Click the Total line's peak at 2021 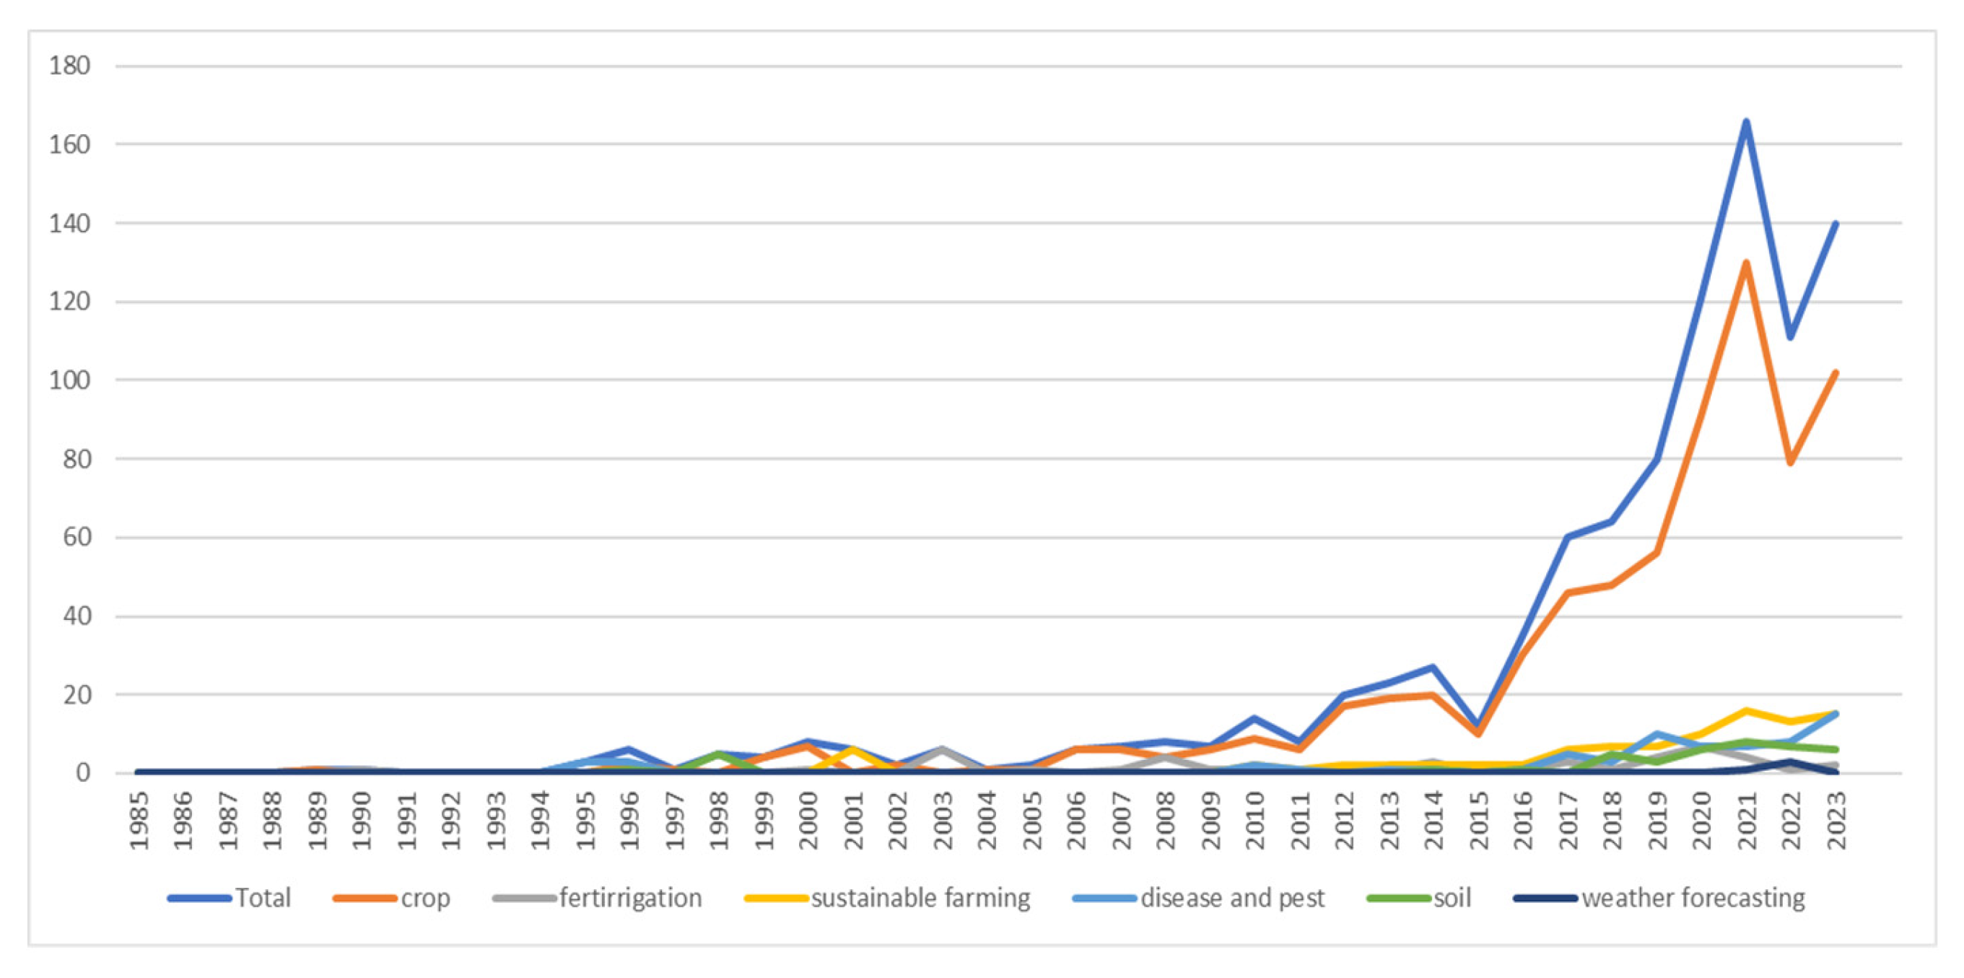(x=1745, y=122)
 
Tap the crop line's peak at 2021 (x=1745, y=263)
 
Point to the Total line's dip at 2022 (x=1789, y=338)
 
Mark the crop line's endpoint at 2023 (x=1835, y=372)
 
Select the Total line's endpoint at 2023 (x=1835, y=224)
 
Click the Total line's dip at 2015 (x=1478, y=725)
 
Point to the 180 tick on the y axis (x=69, y=66)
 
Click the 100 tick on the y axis (x=69, y=380)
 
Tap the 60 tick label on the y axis (x=69, y=538)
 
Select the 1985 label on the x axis (x=139, y=820)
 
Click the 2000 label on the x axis (x=808, y=820)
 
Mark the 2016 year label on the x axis (x=1522, y=820)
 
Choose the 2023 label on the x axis (x=1835, y=820)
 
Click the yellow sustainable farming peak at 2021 (x=1745, y=710)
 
